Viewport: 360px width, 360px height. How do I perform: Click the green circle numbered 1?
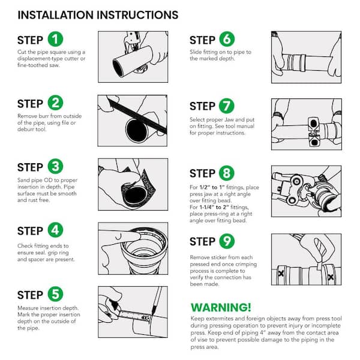click(x=55, y=39)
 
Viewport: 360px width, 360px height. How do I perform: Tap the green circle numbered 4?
click(x=55, y=230)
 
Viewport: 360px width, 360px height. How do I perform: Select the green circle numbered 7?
click(x=227, y=106)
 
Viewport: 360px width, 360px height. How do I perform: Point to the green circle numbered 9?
click(x=227, y=241)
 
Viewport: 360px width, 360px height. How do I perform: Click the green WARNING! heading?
click(x=221, y=307)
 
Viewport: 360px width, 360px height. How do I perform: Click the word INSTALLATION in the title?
click(x=56, y=15)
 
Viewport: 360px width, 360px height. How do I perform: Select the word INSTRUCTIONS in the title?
click(x=137, y=15)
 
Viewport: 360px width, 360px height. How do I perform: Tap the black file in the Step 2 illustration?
click(x=138, y=116)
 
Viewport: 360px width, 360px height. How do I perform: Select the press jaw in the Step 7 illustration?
click(x=314, y=132)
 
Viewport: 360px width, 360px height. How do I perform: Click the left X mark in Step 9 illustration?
click(x=281, y=273)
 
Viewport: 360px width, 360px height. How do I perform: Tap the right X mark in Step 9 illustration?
click(x=331, y=277)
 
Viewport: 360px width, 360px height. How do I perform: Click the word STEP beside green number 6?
click(x=202, y=40)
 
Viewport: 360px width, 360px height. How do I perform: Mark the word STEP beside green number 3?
click(x=30, y=167)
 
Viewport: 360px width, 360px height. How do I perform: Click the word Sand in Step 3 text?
click(x=23, y=180)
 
